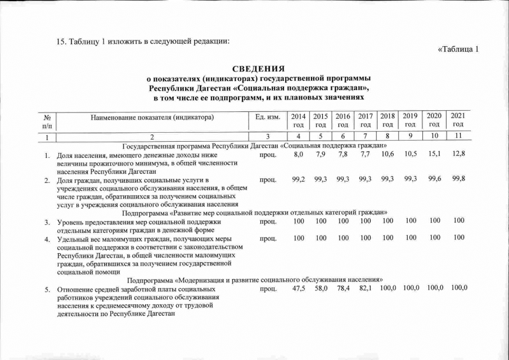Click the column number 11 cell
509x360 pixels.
(x=458, y=137)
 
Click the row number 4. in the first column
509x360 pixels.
(x=48, y=238)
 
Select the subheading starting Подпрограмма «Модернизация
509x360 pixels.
(x=255, y=280)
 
